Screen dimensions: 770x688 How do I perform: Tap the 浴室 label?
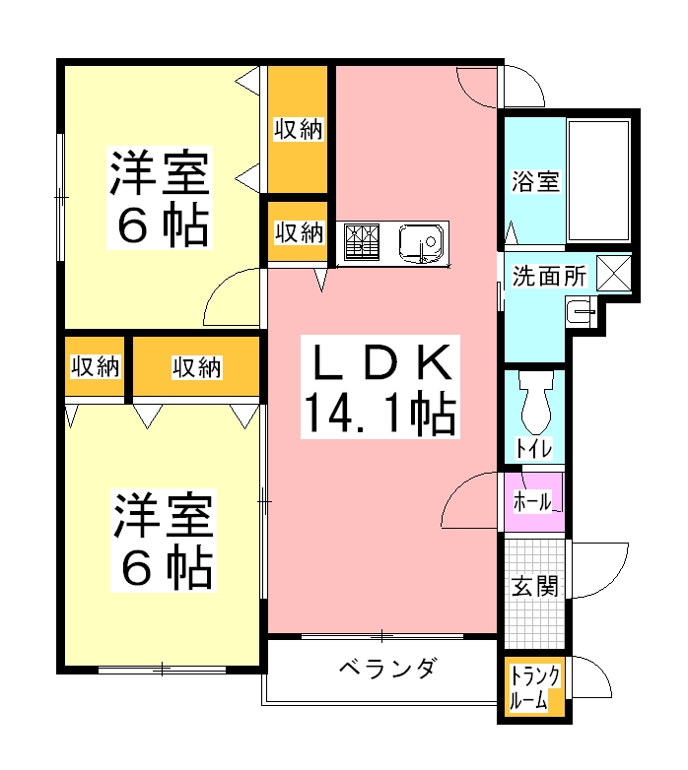[535, 182]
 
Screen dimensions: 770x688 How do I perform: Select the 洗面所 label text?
[549, 277]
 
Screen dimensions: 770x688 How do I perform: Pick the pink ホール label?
[533, 501]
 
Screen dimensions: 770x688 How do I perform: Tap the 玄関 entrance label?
[535, 587]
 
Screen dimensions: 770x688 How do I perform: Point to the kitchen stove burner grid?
[363, 242]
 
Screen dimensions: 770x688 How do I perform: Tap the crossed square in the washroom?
[614, 273]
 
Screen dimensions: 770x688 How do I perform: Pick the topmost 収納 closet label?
[298, 129]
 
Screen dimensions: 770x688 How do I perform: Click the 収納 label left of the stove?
[298, 233]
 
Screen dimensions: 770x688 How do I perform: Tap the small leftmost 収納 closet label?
[95, 367]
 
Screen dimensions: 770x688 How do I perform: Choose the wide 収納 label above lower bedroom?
[196, 367]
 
